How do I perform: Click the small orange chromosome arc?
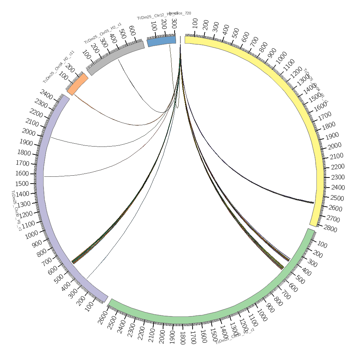click(x=77, y=84)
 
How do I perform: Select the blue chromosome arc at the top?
click(x=161, y=41)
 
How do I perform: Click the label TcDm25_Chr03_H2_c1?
click(x=103, y=33)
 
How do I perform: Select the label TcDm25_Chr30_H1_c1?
click(x=16, y=211)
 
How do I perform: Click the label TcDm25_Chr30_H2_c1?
click(x=235, y=336)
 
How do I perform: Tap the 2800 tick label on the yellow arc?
click(x=330, y=230)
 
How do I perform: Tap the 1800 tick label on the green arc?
click(x=183, y=338)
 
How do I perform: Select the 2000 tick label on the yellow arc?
click(x=334, y=145)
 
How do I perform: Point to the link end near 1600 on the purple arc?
click(x=44, y=177)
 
